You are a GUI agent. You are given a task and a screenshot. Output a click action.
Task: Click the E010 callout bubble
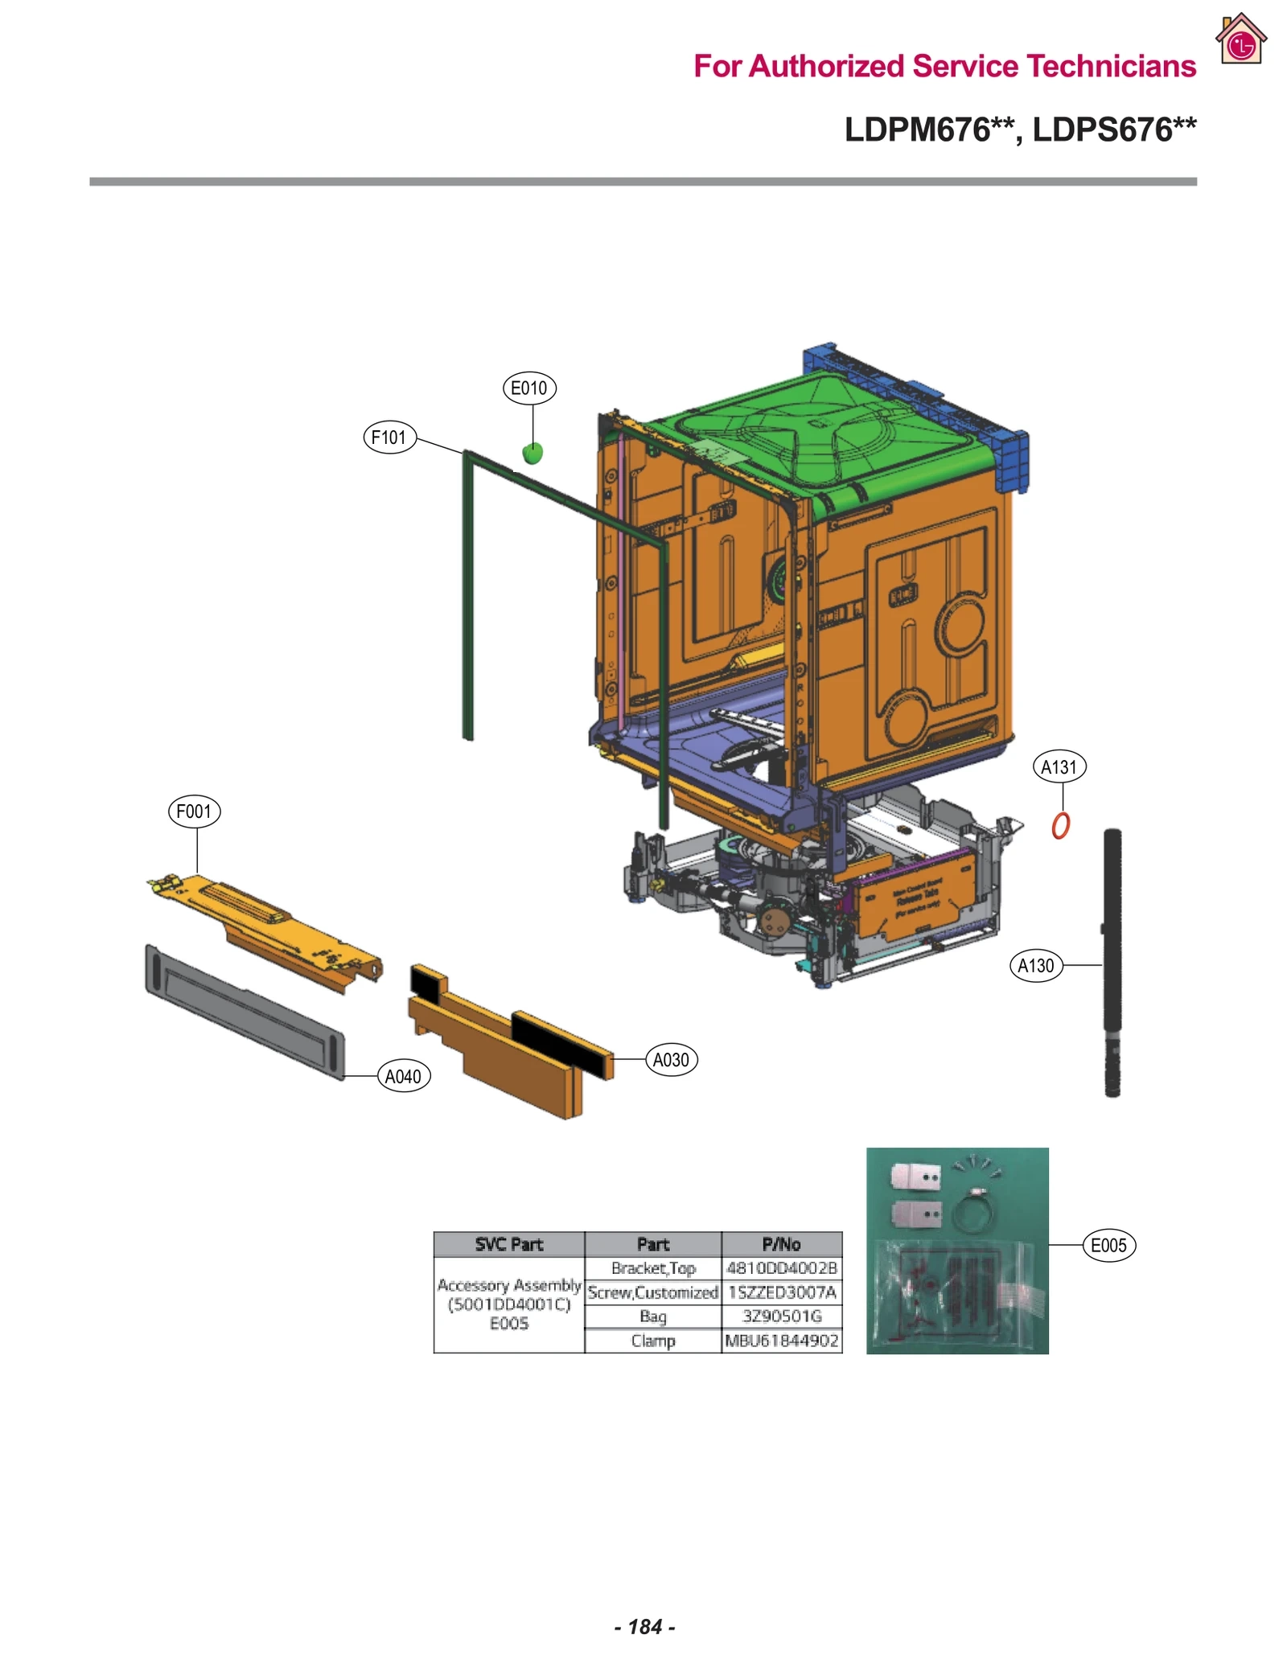pyautogui.click(x=528, y=388)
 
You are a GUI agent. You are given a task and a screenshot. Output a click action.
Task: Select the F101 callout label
pyautogui.click(x=389, y=437)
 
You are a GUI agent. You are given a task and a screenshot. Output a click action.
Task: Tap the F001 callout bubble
pyautogui.click(x=194, y=811)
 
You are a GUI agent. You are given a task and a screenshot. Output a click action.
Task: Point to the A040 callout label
pyautogui.click(x=404, y=1076)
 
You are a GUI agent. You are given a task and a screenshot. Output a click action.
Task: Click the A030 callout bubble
pyautogui.click(x=671, y=1060)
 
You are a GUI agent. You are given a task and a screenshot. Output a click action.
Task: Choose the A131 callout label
pyautogui.click(x=1059, y=767)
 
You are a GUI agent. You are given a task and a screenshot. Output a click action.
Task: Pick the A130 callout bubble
pyautogui.click(x=1036, y=965)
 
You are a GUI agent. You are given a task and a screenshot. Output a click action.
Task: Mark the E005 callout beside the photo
pyautogui.click(x=1108, y=1245)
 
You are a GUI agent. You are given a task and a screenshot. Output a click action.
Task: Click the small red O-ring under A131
pyautogui.click(x=1061, y=826)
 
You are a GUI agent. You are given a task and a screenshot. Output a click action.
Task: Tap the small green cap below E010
pyautogui.click(x=532, y=454)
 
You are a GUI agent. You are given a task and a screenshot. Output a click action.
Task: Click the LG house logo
pyautogui.click(x=1241, y=39)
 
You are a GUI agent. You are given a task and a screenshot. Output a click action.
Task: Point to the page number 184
pyautogui.click(x=644, y=1627)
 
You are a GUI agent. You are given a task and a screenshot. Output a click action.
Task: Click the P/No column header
pyautogui.click(x=781, y=1244)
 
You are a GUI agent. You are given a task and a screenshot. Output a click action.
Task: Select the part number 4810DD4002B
pyautogui.click(x=781, y=1268)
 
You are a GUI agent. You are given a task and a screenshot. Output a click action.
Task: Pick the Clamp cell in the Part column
pyautogui.click(x=652, y=1341)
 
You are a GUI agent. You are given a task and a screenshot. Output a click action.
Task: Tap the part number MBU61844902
pyautogui.click(x=781, y=1341)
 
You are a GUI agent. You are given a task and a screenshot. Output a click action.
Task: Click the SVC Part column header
pyautogui.click(x=508, y=1244)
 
